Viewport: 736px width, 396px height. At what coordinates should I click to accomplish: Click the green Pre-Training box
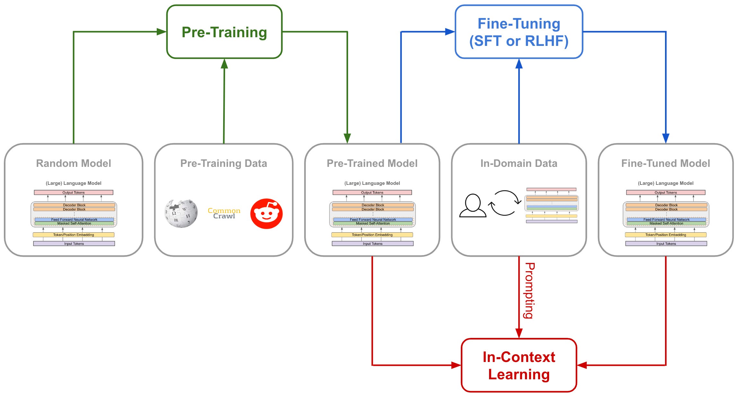224,32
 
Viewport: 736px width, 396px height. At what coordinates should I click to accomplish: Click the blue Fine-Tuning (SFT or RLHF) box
519,32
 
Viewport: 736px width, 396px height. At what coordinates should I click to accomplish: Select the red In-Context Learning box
519,365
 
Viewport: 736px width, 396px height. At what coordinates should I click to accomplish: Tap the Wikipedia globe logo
181,213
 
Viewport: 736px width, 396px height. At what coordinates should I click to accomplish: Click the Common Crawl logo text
224,213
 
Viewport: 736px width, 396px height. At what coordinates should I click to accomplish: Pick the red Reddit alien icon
266,214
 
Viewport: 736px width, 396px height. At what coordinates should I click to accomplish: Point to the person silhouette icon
472,206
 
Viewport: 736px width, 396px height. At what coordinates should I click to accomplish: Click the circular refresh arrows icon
504,203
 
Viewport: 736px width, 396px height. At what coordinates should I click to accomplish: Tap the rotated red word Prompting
529,290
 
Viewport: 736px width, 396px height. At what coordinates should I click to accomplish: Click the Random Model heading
74,163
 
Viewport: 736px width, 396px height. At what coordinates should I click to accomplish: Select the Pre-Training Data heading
223,163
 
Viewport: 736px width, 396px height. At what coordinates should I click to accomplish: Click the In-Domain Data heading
519,163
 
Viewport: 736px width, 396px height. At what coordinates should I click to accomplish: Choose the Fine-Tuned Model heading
665,163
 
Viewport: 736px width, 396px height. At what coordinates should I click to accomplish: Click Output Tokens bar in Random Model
74,193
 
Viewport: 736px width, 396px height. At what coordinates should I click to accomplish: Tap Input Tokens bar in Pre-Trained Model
372,244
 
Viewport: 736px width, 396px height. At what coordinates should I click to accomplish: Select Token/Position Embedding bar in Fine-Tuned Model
665,235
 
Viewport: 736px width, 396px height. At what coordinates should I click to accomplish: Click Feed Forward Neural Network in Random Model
74,220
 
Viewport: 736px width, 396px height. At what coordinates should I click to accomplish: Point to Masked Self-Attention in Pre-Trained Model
372,223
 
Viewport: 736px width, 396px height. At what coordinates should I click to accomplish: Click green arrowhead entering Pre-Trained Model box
347,138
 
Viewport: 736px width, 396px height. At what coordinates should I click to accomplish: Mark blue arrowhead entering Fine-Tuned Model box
666,138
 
